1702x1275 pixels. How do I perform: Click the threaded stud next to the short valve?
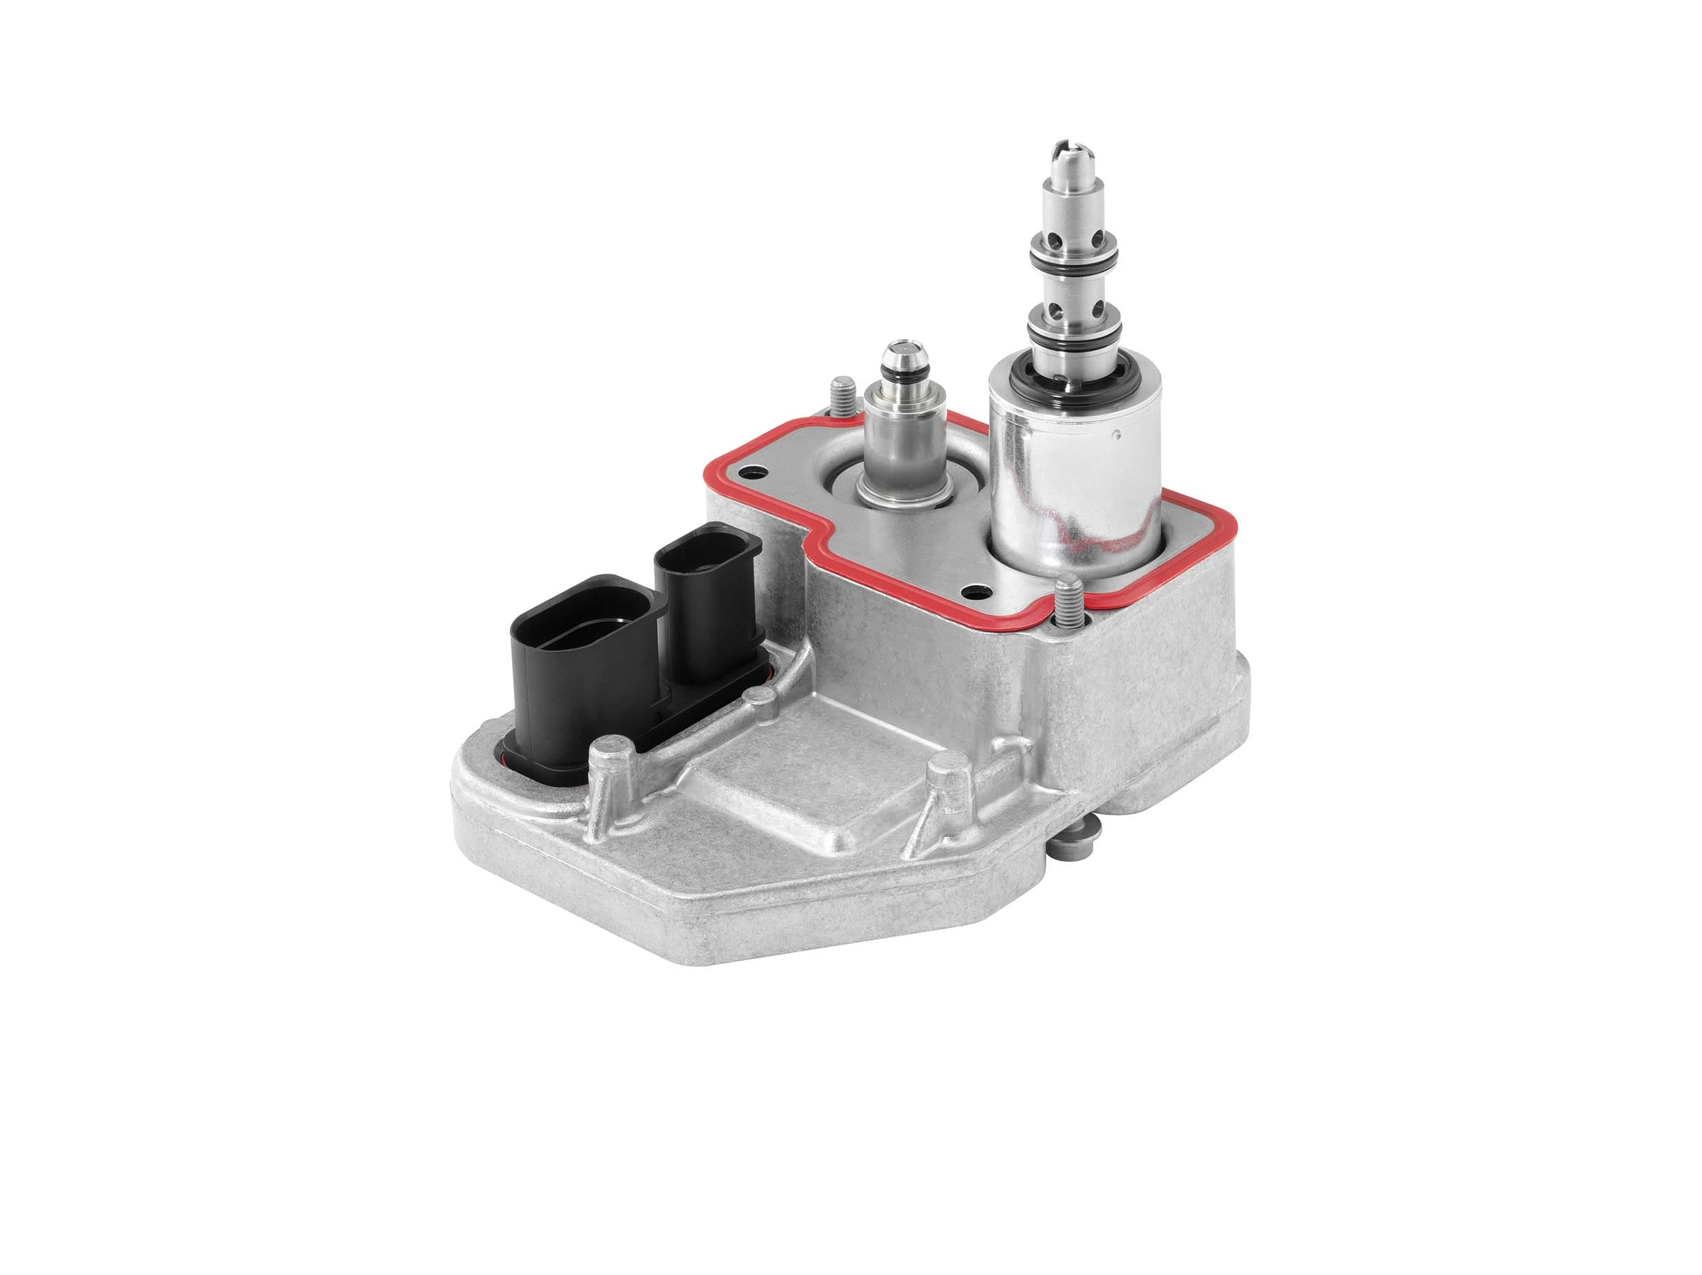pyautogui.click(x=841, y=393)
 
